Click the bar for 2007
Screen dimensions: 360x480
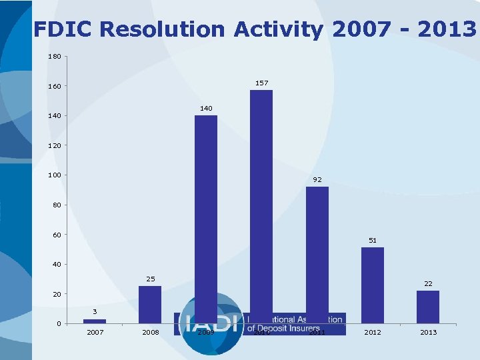pos(95,321)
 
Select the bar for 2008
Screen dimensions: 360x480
pos(150,305)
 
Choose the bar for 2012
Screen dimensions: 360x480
pos(373,285)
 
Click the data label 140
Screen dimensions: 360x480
pos(206,108)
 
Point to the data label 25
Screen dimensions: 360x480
pos(150,279)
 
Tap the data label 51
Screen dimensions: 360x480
pos(373,240)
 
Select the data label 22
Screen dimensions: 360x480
pos(428,283)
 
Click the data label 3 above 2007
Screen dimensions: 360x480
pos(95,312)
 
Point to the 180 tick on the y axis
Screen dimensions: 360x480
pos(54,57)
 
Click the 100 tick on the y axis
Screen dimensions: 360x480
pos(54,175)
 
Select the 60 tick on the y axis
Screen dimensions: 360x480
pos(57,235)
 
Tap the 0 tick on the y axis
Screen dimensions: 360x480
pos(59,324)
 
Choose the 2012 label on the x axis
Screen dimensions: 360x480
pos(373,332)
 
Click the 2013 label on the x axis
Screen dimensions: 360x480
pos(428,332)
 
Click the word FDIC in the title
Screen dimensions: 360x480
pos(64,29)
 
